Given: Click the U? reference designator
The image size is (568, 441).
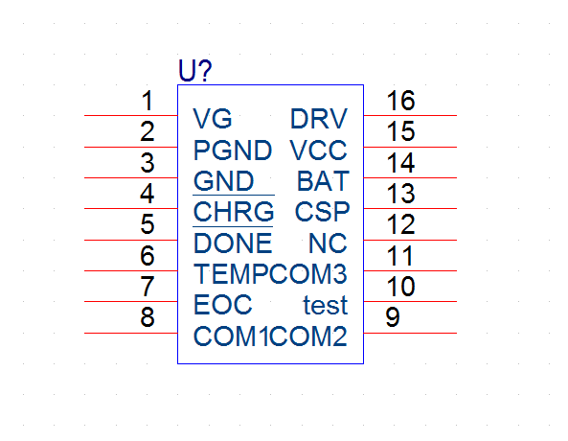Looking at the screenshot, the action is (194, 70).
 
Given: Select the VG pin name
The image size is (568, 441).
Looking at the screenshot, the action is (213, 119).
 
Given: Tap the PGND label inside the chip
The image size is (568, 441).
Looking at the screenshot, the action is (233, 151).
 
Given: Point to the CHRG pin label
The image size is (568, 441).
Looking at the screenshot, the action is (234, 212).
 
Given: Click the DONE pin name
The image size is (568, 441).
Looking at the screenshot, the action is (233, 243).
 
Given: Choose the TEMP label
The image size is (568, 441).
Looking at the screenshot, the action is (232, 273).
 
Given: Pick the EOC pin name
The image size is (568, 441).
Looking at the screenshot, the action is (223, 305).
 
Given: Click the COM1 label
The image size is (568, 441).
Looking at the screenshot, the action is (231, 337).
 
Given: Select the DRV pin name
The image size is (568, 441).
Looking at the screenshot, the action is (319, 119).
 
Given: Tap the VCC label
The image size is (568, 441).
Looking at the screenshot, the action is (318, 151).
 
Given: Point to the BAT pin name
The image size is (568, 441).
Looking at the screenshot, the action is (323, 181).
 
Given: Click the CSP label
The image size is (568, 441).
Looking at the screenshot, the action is (323, 212).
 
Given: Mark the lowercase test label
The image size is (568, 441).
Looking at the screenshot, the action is (326, 306).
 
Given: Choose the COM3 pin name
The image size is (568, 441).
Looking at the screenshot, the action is (308, 273).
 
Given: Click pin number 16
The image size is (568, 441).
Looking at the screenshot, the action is (400, 101).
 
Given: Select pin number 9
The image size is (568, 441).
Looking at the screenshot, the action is (393, 317).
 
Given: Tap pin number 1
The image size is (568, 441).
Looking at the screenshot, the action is (148, 101).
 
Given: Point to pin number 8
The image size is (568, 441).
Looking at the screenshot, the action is (148, 317).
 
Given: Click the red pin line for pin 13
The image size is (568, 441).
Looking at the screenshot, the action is (410, 209).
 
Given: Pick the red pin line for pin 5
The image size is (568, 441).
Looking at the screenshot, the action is (131, 240).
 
